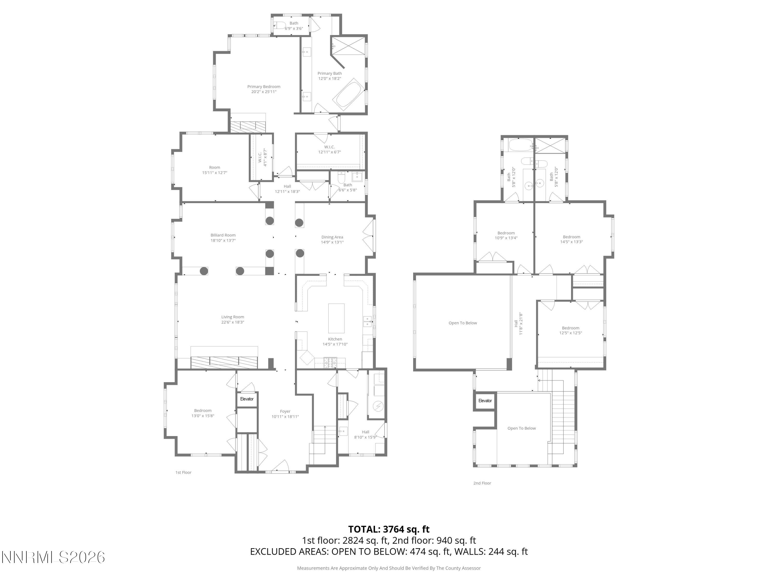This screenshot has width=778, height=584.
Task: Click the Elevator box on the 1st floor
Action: pyautogui.click(x=247, y=399)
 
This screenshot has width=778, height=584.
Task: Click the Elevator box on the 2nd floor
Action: pyautogui.click(x=485, y=400)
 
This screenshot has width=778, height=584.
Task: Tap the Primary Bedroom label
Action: pyautogui.click(x=263, y=87)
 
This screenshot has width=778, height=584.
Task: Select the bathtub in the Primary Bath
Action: pyautogui.click(x=348, y=94)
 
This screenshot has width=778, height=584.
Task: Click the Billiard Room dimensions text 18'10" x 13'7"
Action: pyautogui.click(x=223, y=240)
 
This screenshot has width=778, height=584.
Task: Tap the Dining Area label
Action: pyautogui.click(x=332, y=237)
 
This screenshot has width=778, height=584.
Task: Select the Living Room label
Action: pyautogui.click(x=232, y=317)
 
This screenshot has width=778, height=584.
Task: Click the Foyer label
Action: pyautogui.click(x=285, y=411)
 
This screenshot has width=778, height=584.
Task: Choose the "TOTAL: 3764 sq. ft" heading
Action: pyautogui.click(x=389, y=529)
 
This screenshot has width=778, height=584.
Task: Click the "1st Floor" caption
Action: pyautogui.click(x=183, y=472)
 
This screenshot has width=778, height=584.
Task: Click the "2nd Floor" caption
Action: pyautogui.click(x=482, y=483)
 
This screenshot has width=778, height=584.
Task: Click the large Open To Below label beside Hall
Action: pyautogui.click(x=462, y=323)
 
